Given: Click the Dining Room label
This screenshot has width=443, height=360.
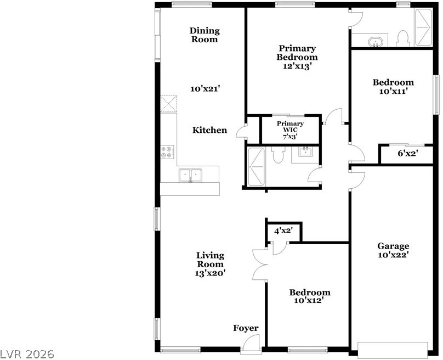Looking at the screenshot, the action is [x=205, y=35].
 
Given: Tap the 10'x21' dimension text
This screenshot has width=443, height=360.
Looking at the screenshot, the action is [x=205, y=89].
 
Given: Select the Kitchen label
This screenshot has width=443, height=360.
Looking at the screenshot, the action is [x=209, y=130].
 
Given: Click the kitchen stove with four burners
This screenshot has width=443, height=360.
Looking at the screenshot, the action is [x=167, y=152].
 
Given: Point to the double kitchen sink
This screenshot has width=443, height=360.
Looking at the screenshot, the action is [x=190, y=175].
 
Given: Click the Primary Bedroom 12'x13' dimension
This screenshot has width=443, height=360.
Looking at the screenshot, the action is [x=297, y=66].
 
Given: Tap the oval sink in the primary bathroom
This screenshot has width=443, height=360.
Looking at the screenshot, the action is [x=375, y=42].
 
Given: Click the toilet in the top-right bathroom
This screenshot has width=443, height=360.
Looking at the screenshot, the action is [x=403, y=38].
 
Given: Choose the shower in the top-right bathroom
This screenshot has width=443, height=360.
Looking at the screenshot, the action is [x=423, y=27].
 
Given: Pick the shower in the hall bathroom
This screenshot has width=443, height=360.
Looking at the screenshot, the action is [x=256, y=167].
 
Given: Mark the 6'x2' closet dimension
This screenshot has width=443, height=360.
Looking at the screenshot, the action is [x=408, y=154].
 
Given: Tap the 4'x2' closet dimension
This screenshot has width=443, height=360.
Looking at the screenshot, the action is [x=283, y=230].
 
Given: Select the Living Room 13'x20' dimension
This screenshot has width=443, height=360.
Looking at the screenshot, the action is [x=210, y=273].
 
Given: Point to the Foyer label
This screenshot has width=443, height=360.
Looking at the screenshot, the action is [x=246, y=328].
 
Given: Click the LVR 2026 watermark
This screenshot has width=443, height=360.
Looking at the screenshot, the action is [x=27, y=354].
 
